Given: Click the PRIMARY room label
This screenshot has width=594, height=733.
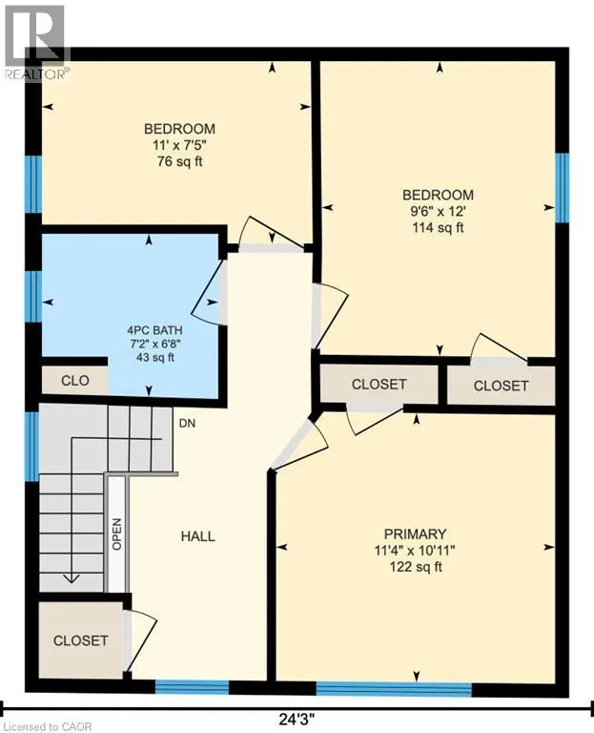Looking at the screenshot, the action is [x=415, y=534].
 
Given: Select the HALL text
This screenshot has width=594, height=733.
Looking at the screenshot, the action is [x=198, y=536].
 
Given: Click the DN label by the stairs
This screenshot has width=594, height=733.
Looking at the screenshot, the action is [x=187, y=424].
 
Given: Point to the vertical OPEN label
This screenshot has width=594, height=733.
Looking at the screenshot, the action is [x=116, y=534].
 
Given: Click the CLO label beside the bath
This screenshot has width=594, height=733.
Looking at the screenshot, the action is [x=75, y=381].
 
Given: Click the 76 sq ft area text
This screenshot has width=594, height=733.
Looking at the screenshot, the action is [x=180, y=161].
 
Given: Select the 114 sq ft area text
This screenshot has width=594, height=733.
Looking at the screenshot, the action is [x=438, y=228].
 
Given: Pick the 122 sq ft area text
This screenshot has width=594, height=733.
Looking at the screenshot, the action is [x=416, y=567].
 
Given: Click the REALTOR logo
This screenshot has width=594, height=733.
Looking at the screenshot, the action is [x=35, y=42].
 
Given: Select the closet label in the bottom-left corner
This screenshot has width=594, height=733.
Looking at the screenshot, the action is [x=81, y=640].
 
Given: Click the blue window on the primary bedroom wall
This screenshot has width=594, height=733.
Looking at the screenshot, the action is [x=394, y=689].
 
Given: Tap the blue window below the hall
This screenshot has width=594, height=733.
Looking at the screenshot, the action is [x=192, y=687].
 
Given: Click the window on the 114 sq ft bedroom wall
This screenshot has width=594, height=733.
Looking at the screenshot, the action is [x=563, y=188].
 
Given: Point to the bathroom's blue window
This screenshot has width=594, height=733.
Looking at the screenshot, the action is [x=33, y=296].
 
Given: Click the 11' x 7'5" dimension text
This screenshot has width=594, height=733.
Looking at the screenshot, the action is [x=179, y=145].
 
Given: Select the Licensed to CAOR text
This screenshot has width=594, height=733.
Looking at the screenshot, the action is [x=46, y=727].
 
